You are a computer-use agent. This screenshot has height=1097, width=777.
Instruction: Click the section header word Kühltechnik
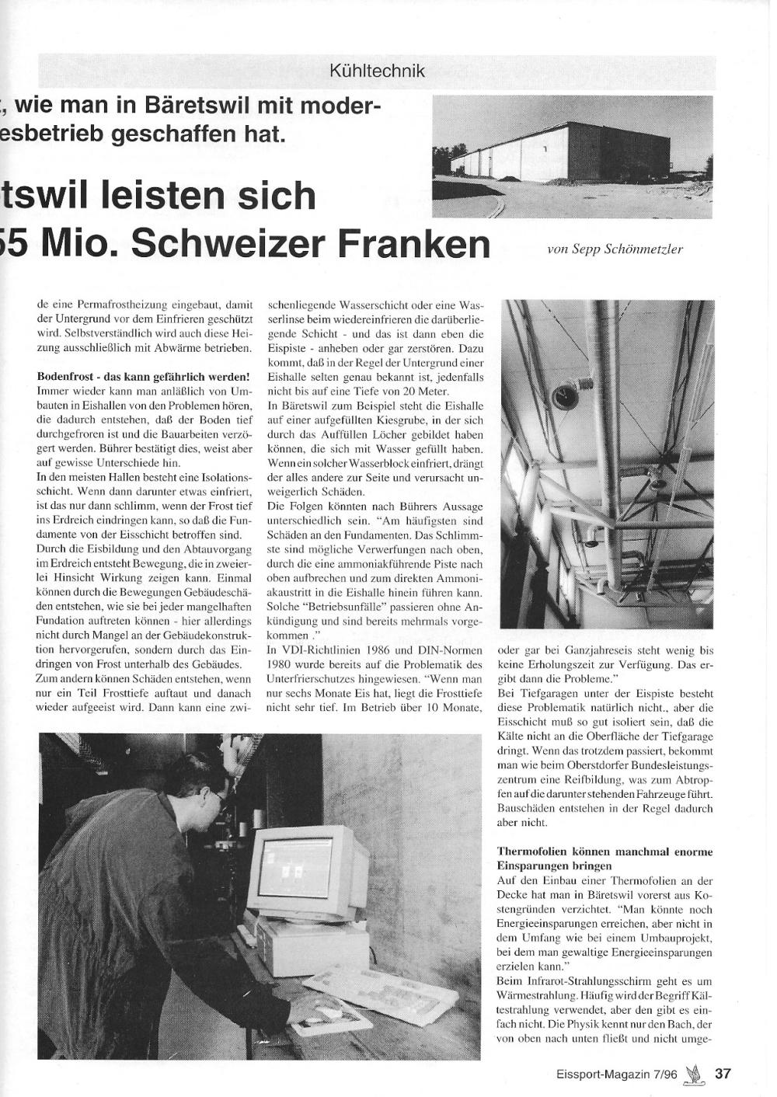[378, 71]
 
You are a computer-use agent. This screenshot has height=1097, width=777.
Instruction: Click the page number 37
[723, 1074]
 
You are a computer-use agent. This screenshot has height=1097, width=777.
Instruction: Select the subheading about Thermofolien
[605, 858]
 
